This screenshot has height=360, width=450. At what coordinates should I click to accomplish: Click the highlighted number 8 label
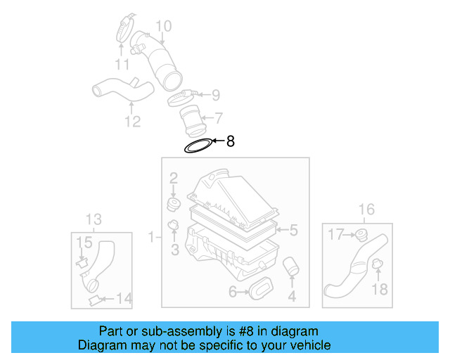(230, 141)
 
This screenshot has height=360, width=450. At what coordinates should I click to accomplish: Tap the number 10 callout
(163, 27)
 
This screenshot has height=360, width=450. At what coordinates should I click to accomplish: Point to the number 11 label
(122, 65)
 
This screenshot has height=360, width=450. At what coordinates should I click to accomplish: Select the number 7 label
(219, 117)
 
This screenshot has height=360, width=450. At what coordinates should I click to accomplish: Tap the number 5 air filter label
(294, 230)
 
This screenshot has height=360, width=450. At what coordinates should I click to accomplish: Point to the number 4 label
(292, 297)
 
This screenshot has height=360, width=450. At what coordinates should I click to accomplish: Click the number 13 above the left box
(94, 217)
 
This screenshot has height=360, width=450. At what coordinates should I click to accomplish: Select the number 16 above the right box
(366, 209)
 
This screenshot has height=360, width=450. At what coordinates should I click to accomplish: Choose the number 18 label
(379, 289)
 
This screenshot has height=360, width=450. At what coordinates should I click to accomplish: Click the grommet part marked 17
(363, 234)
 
